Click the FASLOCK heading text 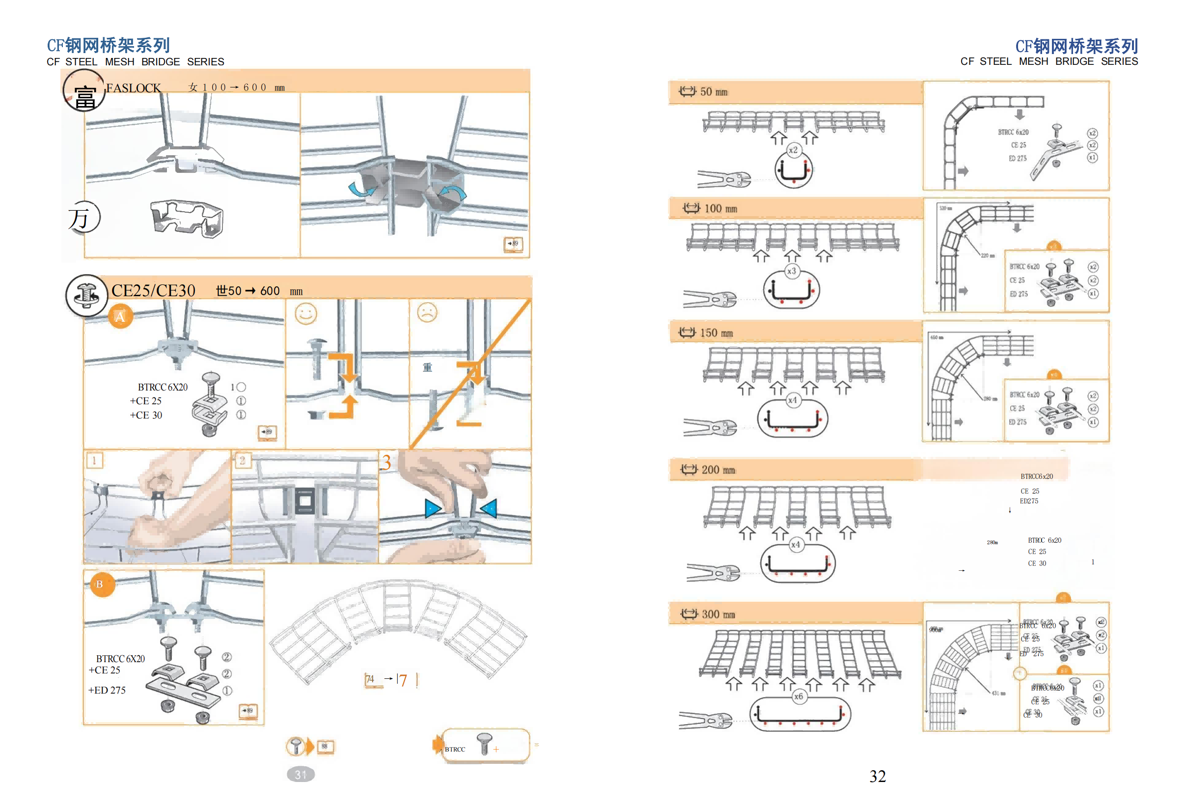pyautogui.click(x=133, y=88)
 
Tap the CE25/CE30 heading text pyautogui.click(x=153, y=290)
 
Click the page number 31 pyautogui.click(x=301, y=774)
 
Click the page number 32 pyautogui.click(x=877, y=776)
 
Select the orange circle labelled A pyautogui.click(x=120, y=317)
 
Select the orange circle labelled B pyautogui.click(x=100, y=584)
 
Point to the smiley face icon pyautogui.click(x=305, y=313)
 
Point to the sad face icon pyautogui.click(x=427, y=312)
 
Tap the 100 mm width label pyautogui.click(x=720, y=208)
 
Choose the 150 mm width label pyautogui.click(x=716, y=333)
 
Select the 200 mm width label pyautogui.click(x=717, y=470)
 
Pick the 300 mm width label pyautogui.click(x=717, y=614)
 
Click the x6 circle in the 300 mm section pyautogui.click(x=799, y=696)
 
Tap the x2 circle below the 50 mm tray pyautogui.click(x=793, y=150)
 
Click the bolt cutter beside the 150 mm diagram pyautogui.click(x=710, y=427)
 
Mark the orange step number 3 pyautogui.click(x=386, y=462)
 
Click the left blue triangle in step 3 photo pyautogui.click(x=432, y=508)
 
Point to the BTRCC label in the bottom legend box pyautogui.click(x=455, y=749)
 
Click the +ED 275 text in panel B pyautogui.click(x=107, y=690)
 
